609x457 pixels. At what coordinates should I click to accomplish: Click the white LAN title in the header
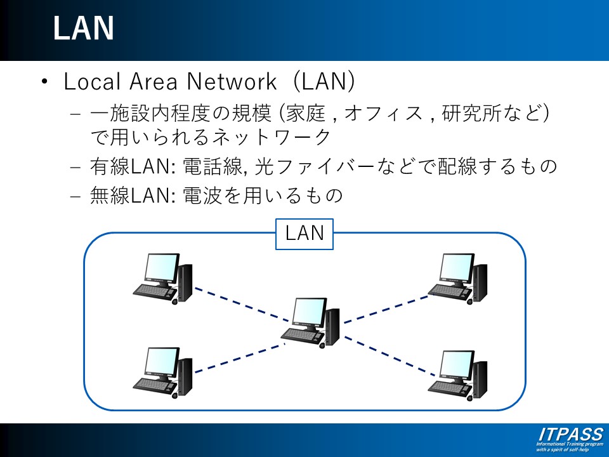coord(83,29)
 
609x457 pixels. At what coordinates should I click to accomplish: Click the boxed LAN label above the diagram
coord(304,233)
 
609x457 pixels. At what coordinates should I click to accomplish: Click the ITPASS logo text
coord(571,435)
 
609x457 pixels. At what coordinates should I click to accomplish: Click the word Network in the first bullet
coord(230,82)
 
